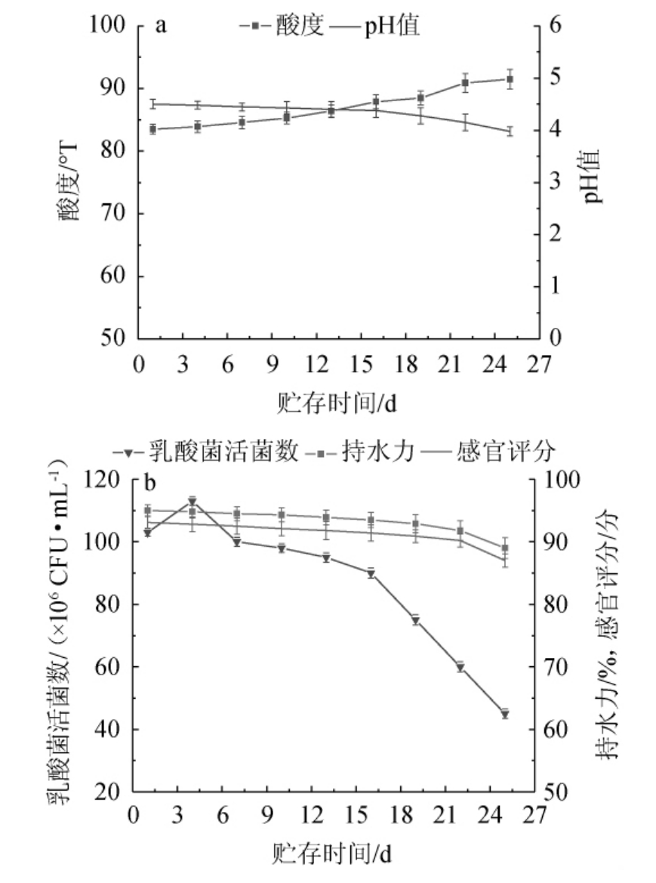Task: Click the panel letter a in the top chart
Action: [160, 26]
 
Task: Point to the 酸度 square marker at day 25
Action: [510, 79]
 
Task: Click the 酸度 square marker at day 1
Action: [152, 129]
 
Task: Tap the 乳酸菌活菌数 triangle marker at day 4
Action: [192, 501]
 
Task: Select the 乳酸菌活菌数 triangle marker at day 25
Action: [505, 714]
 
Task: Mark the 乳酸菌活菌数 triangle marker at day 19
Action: [415, 620]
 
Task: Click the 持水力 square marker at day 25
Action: [505, 548]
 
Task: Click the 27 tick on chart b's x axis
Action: [534, 817]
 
